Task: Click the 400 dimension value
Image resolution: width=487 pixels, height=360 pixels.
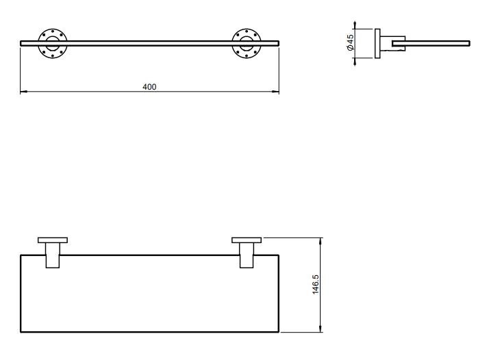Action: click(x=149, y=86)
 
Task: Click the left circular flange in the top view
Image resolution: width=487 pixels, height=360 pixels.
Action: click(x=51, y=43)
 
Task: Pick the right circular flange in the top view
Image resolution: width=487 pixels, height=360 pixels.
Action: click(x=246, y=43)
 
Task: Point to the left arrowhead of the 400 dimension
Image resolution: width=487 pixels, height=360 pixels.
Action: click(x=23, y=91)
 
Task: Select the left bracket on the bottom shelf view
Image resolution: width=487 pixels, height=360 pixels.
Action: click(x=52, y=251)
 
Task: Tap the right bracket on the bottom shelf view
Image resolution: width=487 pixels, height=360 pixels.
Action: click(x=247, y=251)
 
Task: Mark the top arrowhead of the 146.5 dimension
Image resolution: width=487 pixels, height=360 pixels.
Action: click(x=321, y=240)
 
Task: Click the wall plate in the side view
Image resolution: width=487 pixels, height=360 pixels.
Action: click(x=377, y=43)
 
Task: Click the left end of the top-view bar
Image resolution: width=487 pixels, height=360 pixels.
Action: click(x=21, y=43)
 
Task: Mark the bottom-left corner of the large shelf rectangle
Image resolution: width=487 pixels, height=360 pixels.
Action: click(x=21, y=333)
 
